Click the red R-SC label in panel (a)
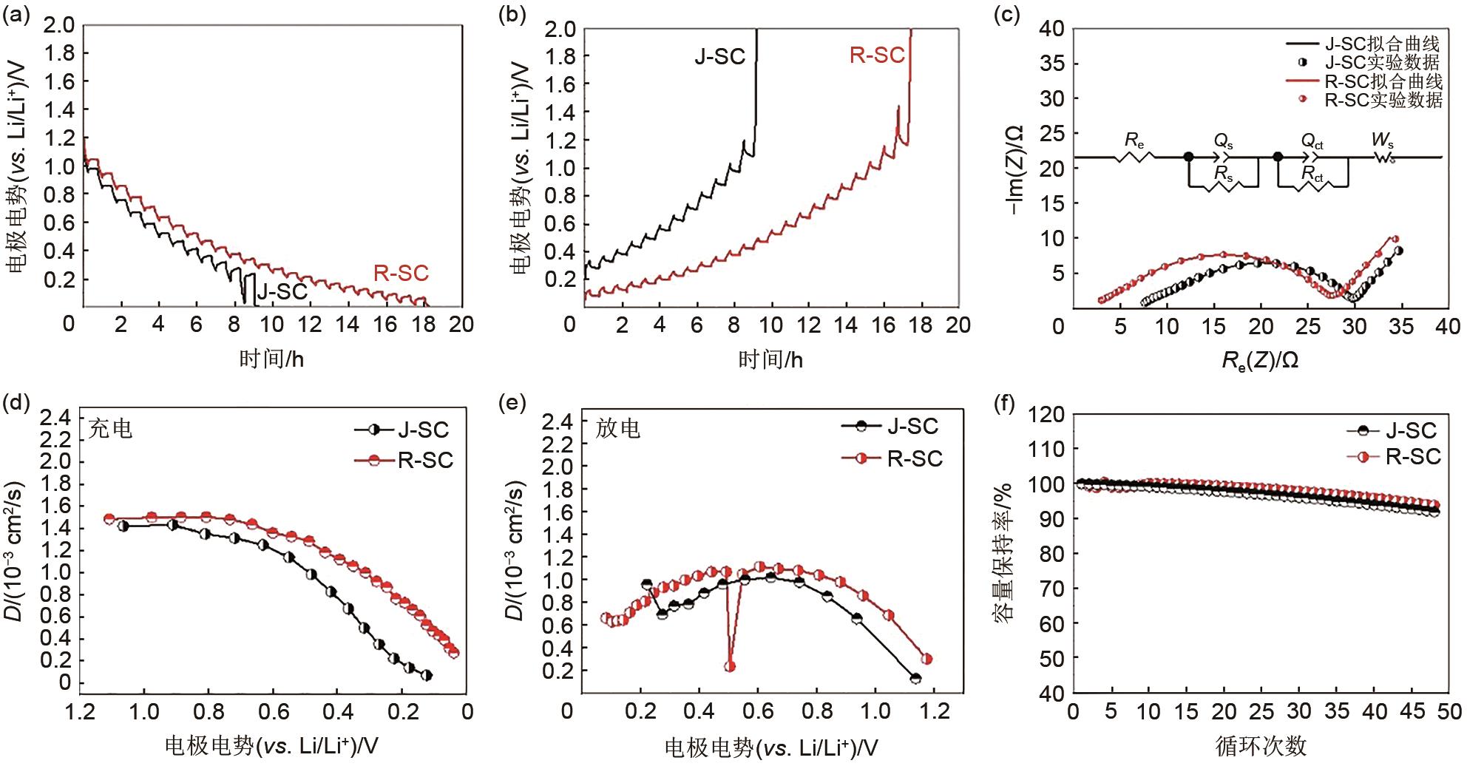[401, 273]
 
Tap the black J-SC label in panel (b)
[719, 57]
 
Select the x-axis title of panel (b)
[770, 360]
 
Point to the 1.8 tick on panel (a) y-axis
[60, 53]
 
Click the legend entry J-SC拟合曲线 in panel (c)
[1381, 44]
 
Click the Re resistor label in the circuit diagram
[1134, 140]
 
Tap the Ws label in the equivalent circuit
[1382, 140]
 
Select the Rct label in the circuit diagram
[1312, 174]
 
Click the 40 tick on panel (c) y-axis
[1051, 29]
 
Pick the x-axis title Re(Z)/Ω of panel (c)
[1259, 360]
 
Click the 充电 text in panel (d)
[110, 430]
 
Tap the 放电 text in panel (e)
[618, 429]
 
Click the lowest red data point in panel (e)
[730, 666]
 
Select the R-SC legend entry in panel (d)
[424, 460]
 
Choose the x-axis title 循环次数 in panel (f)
[1261, 745]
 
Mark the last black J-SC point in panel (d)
[427, 675]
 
